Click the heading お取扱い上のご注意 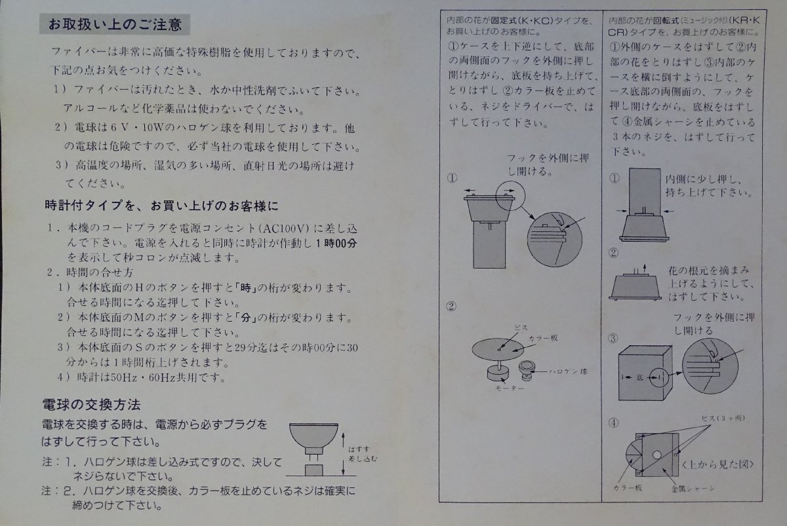tap(115, 24)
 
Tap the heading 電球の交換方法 tap(91, 405)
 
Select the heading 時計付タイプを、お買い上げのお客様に tap(161, 205)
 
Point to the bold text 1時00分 tap(336, 243)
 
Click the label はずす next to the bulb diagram tap(359, 449)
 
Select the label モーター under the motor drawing tap(510, 388)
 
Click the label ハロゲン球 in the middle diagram tap(568, 371)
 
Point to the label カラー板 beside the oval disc tap(543, 338)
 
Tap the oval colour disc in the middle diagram tap(498, 350)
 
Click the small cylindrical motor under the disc tap(498, 373)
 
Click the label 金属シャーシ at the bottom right tap(693, 489)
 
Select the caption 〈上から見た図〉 tap(717, 464)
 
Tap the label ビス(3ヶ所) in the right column tap(723, 418)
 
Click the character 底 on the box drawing tap(639, 377)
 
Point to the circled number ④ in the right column tap(613, 423)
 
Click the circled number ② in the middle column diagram tap(451, 307)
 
